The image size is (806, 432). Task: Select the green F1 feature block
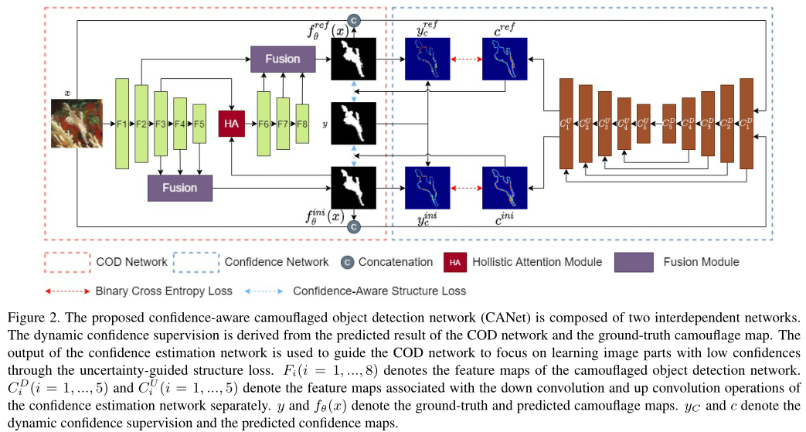(121, 123)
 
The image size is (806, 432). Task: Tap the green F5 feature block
(199, 123)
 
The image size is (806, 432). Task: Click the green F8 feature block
(302, 123)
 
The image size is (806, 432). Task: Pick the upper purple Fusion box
(283, 59)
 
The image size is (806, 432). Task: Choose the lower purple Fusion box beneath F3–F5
(179, 187)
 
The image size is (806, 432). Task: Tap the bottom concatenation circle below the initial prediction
(353, 226)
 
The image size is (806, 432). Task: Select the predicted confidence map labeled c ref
(503, 59)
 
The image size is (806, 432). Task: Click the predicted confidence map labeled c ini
(503, 188)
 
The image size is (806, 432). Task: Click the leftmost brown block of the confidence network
(566, 123)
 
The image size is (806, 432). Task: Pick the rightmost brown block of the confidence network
(746, 123)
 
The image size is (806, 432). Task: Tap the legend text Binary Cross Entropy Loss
(164, 291)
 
